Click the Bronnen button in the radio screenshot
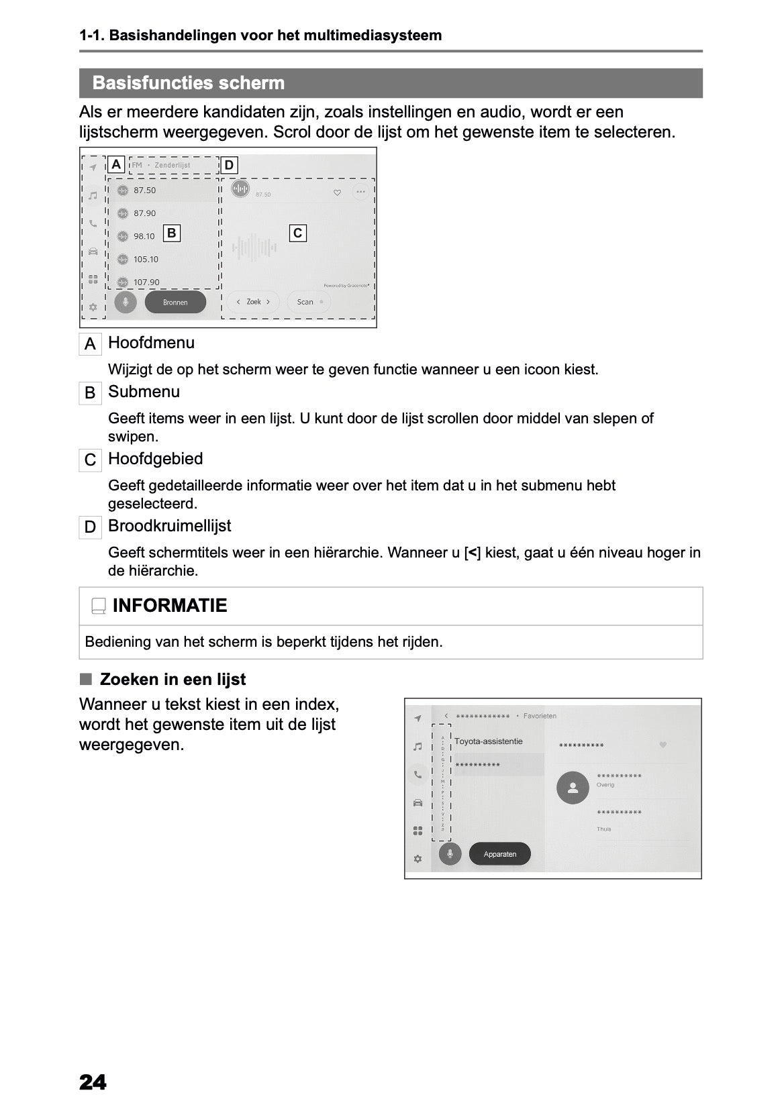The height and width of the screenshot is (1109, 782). coord(175,303)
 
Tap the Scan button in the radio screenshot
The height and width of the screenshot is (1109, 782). coord(308,302)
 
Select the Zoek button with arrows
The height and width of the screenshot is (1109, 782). coord(253,302)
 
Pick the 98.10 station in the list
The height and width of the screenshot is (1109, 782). coord(144,236)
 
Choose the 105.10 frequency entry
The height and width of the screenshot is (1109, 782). coord(146,260)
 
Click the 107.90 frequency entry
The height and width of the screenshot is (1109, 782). coord(146,282)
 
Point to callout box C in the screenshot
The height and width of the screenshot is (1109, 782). coord(297,233)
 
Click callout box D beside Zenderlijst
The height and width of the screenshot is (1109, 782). coord(229,166)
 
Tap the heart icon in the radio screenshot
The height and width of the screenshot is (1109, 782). coord(337,193)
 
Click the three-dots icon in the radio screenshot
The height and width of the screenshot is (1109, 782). coord(360,192)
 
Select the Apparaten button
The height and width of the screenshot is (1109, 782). coord(499,854)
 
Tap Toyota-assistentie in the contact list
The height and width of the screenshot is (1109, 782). coord(488,741)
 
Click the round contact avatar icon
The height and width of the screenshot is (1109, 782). coord(573,788)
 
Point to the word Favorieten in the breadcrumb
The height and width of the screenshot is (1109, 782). coord(540,716)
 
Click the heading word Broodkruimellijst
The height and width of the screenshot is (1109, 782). coord(169,526)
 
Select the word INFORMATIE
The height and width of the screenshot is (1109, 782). coord(170,606)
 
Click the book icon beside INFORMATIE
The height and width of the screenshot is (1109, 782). coord(99,606)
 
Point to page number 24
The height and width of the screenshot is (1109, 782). coord(93,1082)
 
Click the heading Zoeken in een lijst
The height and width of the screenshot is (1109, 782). coord(173,680)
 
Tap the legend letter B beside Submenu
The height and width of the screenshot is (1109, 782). coord(90,393)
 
